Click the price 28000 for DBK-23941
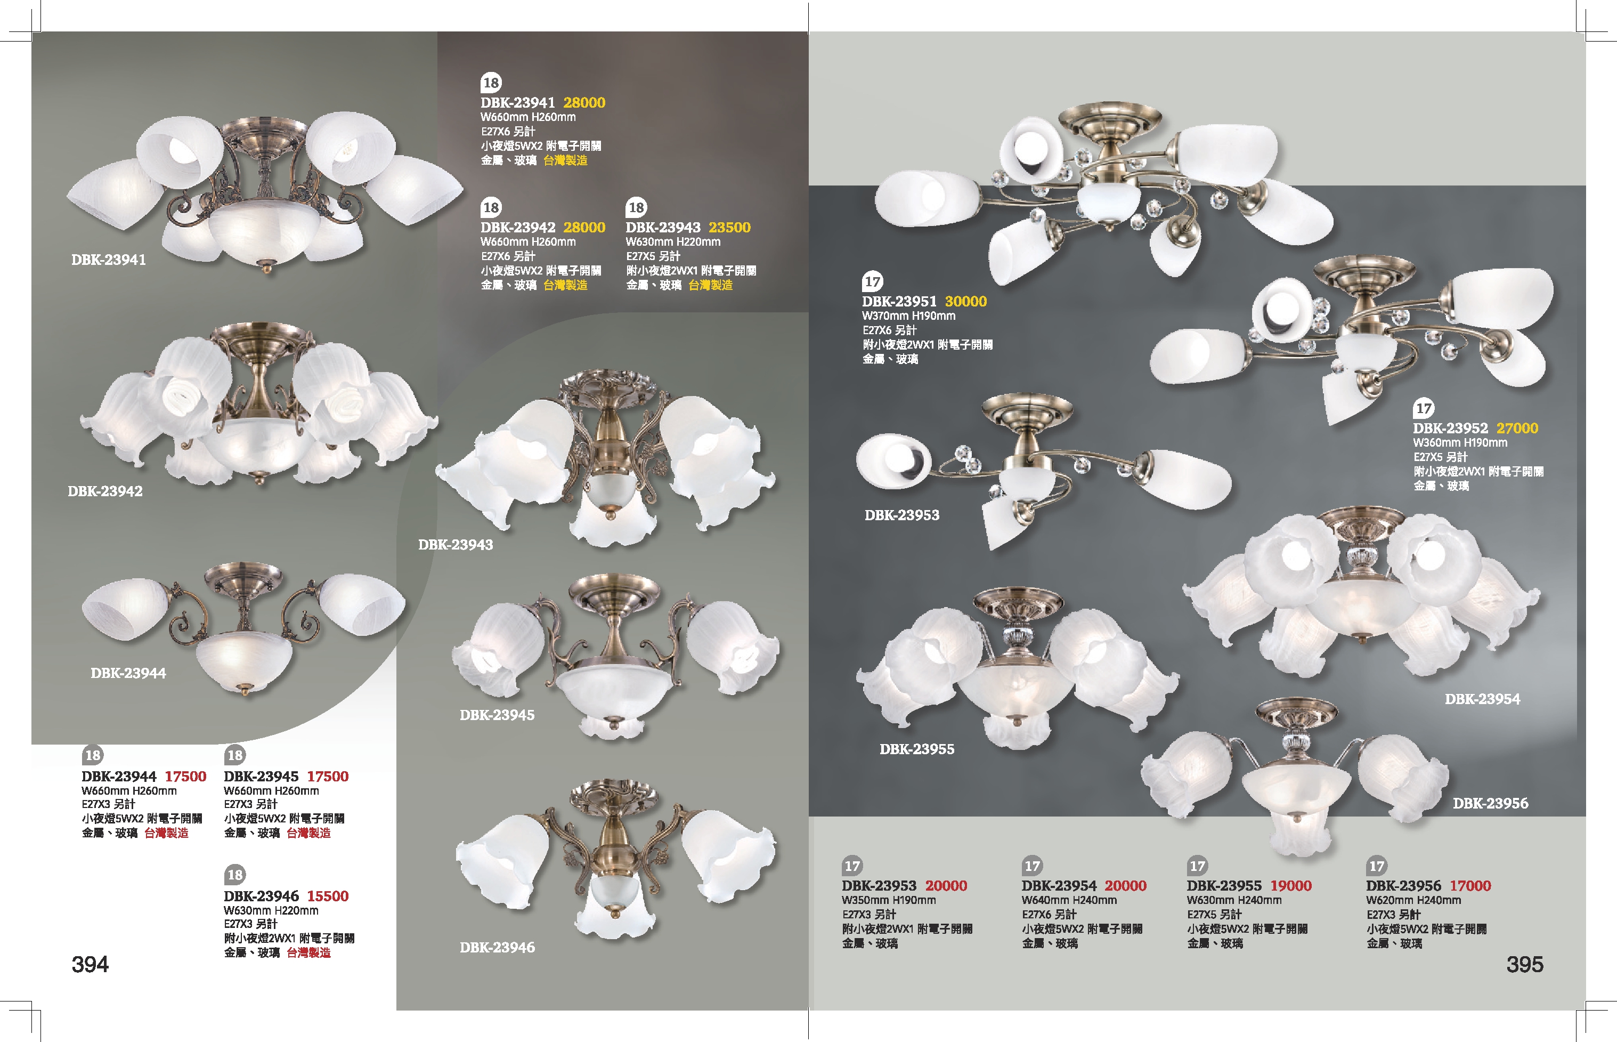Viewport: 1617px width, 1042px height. [x=584, y=103]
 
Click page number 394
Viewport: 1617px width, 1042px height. [x=90, y=964]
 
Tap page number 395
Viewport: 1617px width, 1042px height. [x=1524, y=964]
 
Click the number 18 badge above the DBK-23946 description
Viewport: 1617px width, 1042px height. [x=234, y=874]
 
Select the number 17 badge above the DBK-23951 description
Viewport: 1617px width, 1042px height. [x=872, y=281]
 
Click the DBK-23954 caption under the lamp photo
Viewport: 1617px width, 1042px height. [x=1482, y=699]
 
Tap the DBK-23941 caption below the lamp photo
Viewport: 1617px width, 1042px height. [x=108, y=260]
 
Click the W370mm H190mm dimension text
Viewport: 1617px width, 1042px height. [x=908, y=316]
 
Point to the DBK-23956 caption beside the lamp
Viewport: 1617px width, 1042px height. [x=1490, y=803]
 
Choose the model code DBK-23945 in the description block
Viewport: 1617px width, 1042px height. [x=261, y=776]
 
